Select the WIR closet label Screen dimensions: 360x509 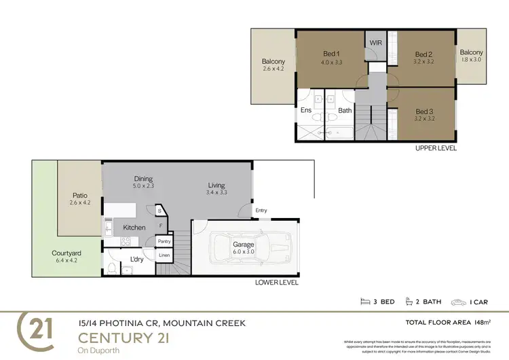click(375, 43)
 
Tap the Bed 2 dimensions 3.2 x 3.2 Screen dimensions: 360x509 click(423, 62)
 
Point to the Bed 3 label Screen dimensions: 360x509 click(423, 111)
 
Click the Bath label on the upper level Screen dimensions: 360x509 click(345, 110)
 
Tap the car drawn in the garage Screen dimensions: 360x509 click(248, 249)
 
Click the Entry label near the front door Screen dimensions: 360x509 click(261, 211)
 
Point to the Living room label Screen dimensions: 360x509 click(216, 185)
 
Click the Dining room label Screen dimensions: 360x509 click(143, 179)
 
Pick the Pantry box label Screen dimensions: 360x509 click(164, 241)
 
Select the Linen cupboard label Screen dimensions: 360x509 click(164, 255)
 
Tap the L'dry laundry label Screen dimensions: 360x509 click(136, 259)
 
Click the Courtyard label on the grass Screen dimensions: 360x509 click(67, 253)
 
